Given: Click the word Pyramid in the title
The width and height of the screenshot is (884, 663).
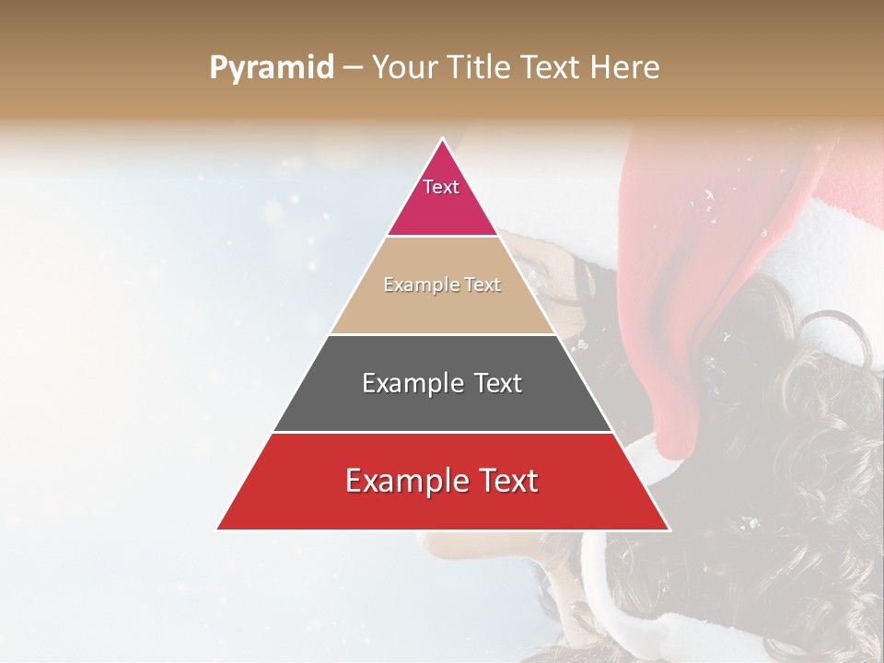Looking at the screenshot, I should pos(271,68).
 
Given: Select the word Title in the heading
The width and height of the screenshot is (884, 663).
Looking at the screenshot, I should pos(479,67).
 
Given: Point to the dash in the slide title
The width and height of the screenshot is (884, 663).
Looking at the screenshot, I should pos(352,68).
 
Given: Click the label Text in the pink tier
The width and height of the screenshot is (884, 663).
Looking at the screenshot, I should pos(441,187).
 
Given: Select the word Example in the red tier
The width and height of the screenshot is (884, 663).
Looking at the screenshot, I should pos(405,481).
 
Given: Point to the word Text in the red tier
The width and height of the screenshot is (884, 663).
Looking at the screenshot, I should pos(506,481).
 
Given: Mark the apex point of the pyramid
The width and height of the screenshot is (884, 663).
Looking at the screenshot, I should pos(442,139).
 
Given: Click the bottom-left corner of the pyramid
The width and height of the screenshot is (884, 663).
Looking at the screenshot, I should pos(217,529).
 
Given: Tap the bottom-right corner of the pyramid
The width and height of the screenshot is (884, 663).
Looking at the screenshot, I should pos(669,529).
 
